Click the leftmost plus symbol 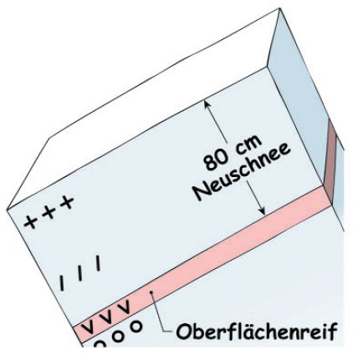point(31,222)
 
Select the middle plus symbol point(49,212)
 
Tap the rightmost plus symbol point(67,202)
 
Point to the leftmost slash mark point(62,283)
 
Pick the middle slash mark point(80,273)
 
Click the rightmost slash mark point(98,263)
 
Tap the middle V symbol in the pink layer point(107,317)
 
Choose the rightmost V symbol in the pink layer point(124,307)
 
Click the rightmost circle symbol point(137,327)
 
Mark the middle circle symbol point(118,336)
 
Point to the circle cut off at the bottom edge point(100,343)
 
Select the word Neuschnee point(242,172)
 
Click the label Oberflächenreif point(257,331)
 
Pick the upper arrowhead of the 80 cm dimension point(207,104)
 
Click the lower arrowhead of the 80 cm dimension point(262,211)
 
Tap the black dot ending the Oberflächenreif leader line point(151,292)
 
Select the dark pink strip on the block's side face point(330,162)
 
